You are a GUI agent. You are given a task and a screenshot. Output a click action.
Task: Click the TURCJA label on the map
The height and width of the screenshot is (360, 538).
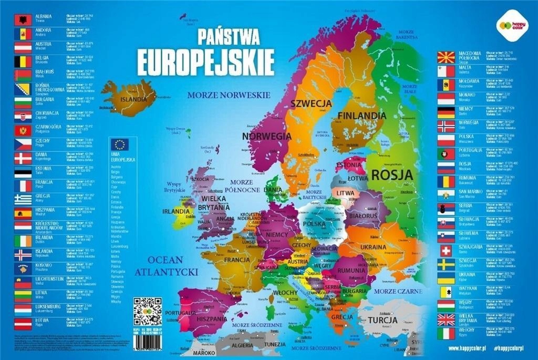tap(382, 320)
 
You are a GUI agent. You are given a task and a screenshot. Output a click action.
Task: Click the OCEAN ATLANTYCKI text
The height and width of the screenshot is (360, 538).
tap(165, 266)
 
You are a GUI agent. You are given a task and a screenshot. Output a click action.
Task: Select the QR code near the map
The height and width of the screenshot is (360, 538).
tap(147, 312)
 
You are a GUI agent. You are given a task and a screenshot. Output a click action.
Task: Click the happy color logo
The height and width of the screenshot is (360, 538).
tap(507, 24)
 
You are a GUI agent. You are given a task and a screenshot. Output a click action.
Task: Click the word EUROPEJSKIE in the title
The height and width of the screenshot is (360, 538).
tap(205, 63)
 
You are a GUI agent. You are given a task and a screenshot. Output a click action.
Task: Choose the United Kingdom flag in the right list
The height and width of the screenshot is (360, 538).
tap(446, 319)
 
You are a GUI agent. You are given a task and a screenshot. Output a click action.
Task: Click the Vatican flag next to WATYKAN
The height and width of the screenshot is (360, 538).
tap(446, 292)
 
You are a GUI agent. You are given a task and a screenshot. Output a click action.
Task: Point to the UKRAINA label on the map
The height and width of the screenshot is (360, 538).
tap(374, 246)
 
